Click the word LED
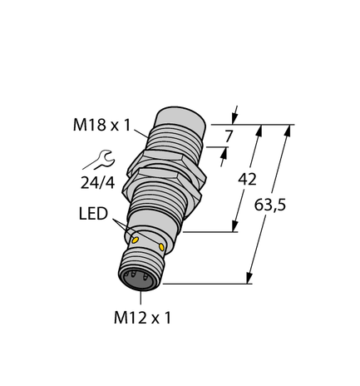[x=93, y=215]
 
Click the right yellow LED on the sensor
[x=160, y=248]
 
